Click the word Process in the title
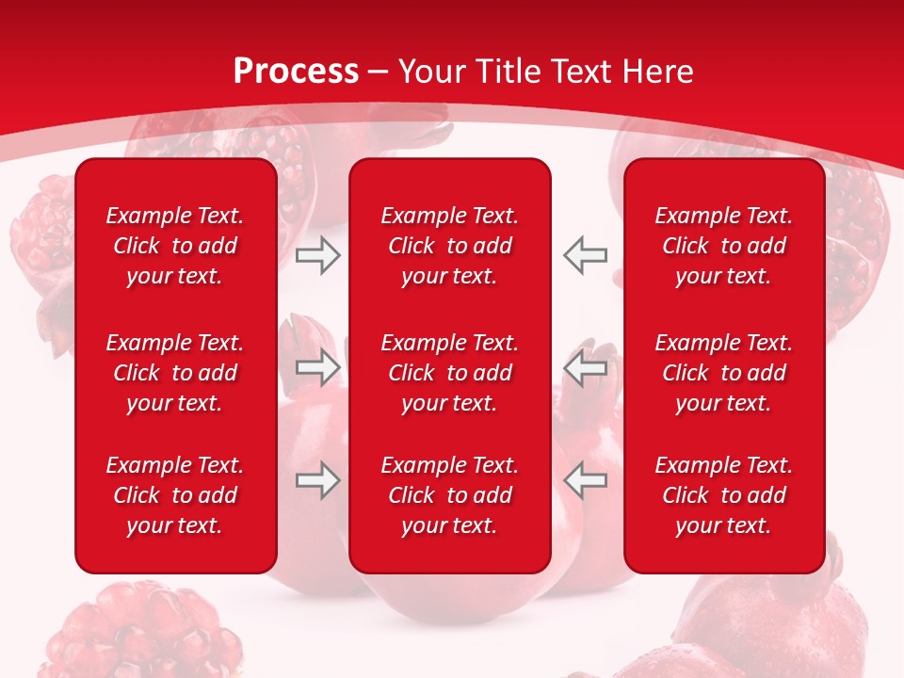click(x=296, y=72)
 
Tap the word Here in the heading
click(x=658, y=72)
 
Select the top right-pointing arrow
click(x=317, y=255)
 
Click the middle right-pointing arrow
click(x=317, y=367)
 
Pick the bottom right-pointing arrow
click(x=317, y=480)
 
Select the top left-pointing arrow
click(x=586, y=255)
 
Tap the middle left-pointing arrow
click(x=586, y=367)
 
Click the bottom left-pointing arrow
click(x=586, y=480)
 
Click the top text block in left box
click(x=175, y=246)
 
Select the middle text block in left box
click(x=175, y=373)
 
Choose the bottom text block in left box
click(x=175, y=495)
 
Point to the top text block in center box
click(x=450, y=246)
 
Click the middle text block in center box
click(x=450, y=373)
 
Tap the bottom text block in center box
click(x=450, y=495)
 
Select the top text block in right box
click(x=724, y=246)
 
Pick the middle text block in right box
click(x=724, y=373)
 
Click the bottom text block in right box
click(x=724, y=495)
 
